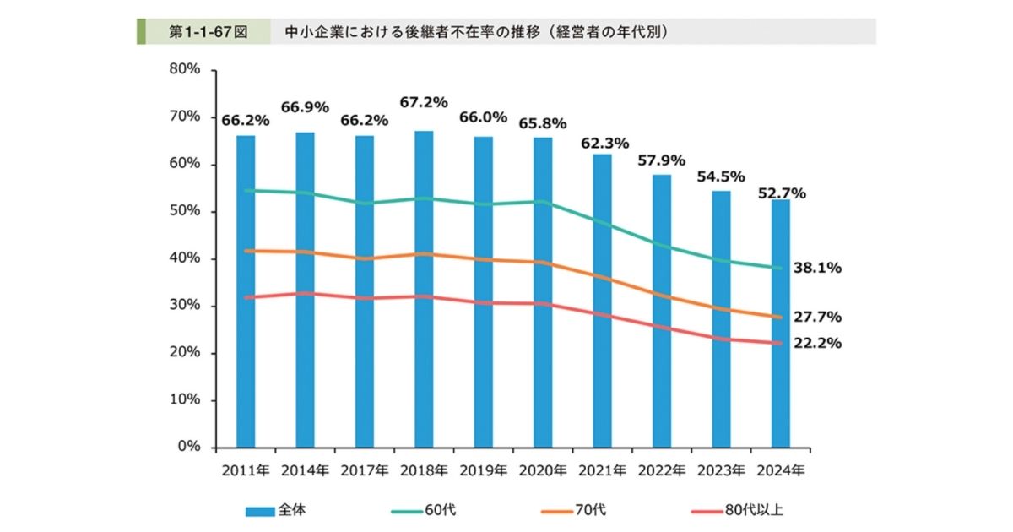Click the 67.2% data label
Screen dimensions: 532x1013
pos(424,102)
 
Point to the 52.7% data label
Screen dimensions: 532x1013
pos(781,193)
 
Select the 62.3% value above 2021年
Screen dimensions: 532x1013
pos(603,143)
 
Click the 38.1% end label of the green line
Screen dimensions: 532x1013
pos(818,269)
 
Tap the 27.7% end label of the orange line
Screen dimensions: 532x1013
pos(818,318)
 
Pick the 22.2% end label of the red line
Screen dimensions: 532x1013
pos(818,344)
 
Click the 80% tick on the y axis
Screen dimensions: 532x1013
pos(184,70)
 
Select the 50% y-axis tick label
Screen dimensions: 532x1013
pos(184,211)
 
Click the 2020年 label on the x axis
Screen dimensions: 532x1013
pos(543,470)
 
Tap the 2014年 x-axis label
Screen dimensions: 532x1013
pos(305,470)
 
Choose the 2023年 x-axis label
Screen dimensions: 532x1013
pos(721,470)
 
